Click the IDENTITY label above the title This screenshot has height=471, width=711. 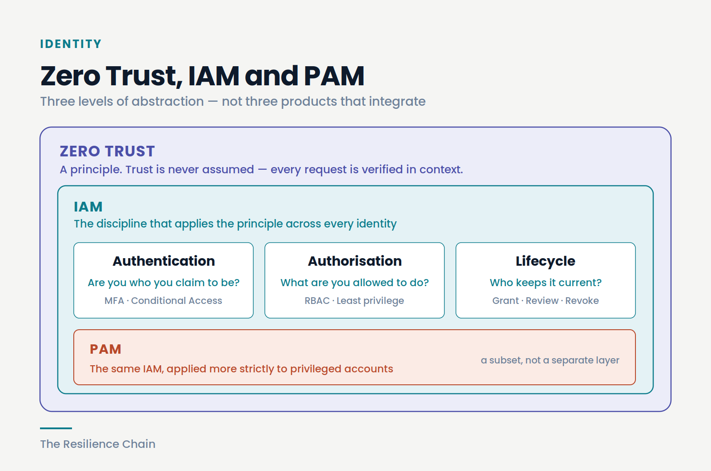coord(71,44)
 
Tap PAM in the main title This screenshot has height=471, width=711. coord(334,76)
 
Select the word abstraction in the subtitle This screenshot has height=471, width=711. coord(168,102)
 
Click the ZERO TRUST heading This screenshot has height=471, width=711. coord(107,151)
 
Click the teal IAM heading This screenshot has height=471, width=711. coord(88,207)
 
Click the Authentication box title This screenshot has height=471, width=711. coord(164,261)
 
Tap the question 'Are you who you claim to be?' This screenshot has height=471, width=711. coord(164,283)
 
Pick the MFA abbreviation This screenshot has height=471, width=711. coord(114,300)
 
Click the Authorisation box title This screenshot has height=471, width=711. coord(355,261)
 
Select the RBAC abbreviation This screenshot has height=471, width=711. coord(317,300)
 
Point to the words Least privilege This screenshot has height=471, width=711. coord(370,301)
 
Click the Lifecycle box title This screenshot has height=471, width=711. coord(545,261)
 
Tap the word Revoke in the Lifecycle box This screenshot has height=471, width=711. coord(582,300)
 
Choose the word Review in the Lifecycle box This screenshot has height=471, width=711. coord(542,300)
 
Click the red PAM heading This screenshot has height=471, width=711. coord(105,349)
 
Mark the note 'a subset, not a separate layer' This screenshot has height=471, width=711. coord(550,360)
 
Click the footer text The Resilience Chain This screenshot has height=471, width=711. coord(98,444)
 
